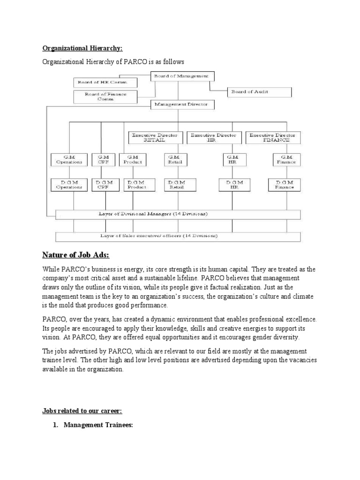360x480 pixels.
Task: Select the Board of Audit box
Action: (x=259, y=92)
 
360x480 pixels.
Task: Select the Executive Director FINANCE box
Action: (x=273, y=137)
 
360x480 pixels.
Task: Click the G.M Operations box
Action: (x=69, y=159)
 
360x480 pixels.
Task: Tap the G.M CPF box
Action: (x=101, y=159)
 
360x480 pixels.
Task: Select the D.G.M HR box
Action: (x=232, y=184)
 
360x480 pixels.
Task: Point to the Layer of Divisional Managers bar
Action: (x=178, y=214)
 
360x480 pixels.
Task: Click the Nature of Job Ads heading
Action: (x=75, y=255)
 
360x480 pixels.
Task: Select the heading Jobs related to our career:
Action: (x=82, y=411)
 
